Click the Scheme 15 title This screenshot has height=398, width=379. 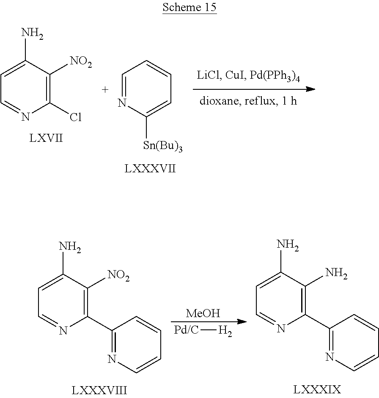pos(189,7)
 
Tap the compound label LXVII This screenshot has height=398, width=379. pos(46,138)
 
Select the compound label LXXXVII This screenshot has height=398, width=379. pos(150,169)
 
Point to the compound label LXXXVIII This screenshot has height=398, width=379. pos(99,390)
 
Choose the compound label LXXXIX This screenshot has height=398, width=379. pos(317,390)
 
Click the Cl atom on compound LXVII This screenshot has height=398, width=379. pos(76,117)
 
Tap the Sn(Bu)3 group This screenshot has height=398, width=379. pos(163,146)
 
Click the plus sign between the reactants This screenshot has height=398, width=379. pos(105,89)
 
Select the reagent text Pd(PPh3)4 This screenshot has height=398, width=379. pos(275,76)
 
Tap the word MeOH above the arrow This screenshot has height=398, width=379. pos(203,313)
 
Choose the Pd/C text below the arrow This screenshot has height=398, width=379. pos(187,330)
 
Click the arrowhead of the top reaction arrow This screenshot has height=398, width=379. pos(310,89)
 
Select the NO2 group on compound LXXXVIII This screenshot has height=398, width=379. pos(118,275)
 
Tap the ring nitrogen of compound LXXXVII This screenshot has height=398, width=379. pos(122,103)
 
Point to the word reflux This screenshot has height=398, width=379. pos(260,101)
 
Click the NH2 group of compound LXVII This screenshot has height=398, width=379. pos(33,33)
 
